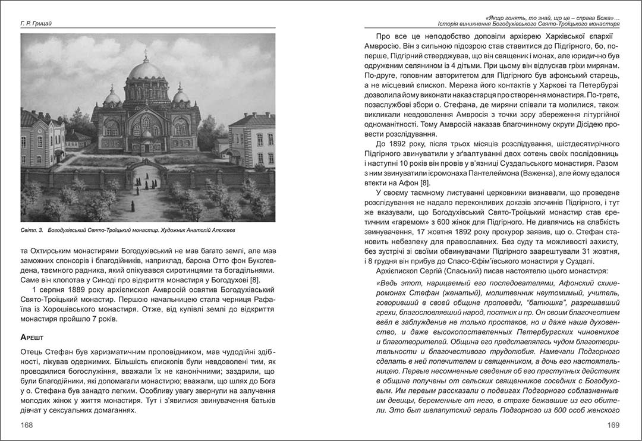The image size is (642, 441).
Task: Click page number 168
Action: pos(26,425)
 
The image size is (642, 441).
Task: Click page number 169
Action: pos(612,425)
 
